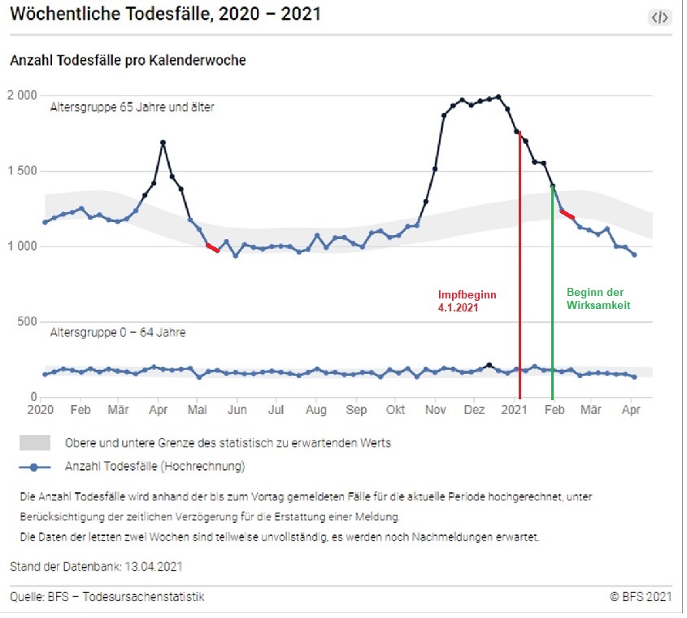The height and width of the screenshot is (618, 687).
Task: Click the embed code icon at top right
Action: (659, 17)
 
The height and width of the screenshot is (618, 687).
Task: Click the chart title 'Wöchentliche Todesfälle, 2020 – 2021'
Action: (165, 15)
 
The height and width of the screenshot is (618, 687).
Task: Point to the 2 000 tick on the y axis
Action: (21, 95)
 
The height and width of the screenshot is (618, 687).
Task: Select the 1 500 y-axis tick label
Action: (21, 171)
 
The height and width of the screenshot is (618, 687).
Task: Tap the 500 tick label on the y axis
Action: (27, 321)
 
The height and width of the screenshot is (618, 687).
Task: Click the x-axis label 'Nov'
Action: (437, 410)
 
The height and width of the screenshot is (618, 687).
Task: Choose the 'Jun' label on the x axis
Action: (237, 410)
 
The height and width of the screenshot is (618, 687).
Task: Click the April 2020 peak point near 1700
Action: (163, 143)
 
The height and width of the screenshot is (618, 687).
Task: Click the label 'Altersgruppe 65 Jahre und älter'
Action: (132, 107)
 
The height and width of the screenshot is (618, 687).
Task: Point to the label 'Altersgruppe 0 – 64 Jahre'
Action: (117, 333)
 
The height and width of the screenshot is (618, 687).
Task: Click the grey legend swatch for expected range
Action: (35, 443)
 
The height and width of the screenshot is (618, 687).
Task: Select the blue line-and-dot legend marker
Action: (35, 467)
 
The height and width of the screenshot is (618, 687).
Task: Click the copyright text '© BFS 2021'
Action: (641, 597)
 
